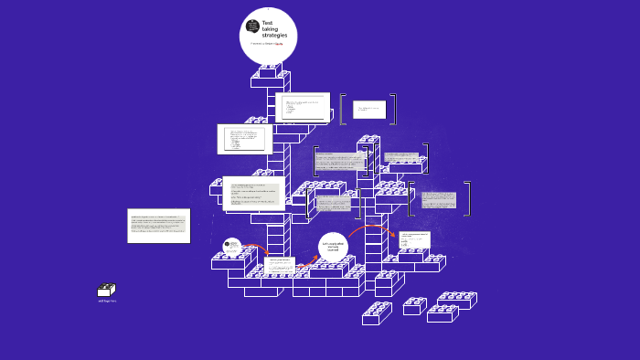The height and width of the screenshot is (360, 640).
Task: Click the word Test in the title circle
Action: tap(267, 22)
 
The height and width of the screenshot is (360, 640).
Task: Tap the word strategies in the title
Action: tap(274, 35)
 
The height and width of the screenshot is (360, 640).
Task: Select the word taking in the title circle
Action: tap(270, 28)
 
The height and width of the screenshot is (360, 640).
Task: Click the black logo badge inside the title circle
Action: tap(252, 26)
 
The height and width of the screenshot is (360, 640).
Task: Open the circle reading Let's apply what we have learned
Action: tap(333, 247)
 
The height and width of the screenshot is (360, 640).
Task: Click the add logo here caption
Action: tap(107, 301)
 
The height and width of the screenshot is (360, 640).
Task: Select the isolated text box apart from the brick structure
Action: tap(158, 226)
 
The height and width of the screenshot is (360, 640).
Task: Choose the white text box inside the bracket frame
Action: tap(369, 110)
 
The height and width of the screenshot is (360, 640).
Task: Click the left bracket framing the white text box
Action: tap(342, 109)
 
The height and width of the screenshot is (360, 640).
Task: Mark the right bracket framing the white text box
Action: tap(393, 109)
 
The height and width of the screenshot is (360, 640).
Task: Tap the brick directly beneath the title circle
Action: tap(270, 70)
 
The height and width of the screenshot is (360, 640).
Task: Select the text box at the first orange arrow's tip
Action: tap(279, 267)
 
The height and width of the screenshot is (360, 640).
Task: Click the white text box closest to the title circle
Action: tap(303, 106)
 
